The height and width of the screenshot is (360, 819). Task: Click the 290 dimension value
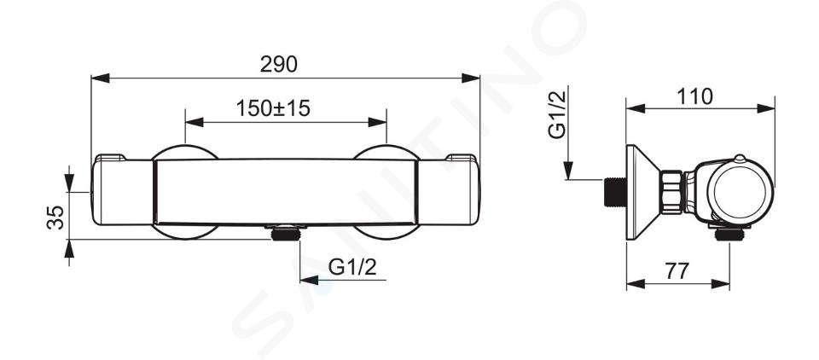click(278, 64)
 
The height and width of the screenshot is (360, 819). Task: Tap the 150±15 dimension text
click(273, 108)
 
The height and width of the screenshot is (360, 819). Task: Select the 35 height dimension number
click(56, 217)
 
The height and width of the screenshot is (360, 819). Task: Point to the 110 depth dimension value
click(694, 96)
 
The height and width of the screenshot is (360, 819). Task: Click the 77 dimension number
click(677, 271)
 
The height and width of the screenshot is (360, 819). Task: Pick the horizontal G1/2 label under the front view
click(352, 268)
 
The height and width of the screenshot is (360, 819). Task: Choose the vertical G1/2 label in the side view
click(557, 114)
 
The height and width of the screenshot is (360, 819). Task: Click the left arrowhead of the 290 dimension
click(101, 78)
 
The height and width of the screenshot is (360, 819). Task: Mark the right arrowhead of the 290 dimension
click(471, 78)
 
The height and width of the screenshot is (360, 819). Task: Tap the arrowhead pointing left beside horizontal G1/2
click(309, 280)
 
